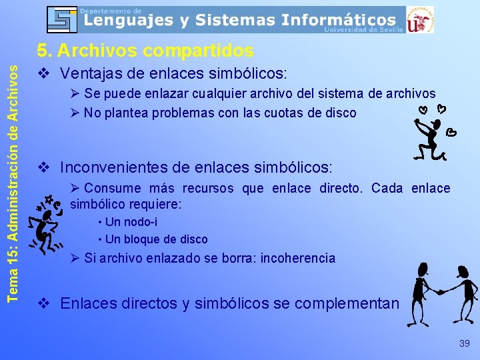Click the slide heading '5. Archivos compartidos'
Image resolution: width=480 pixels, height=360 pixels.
pos(145,51)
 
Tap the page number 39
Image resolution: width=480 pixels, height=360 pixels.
pos(464,343)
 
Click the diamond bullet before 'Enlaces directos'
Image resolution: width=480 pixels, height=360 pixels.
pos(43,303)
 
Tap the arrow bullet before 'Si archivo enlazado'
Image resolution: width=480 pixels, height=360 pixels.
pos(75,258)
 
